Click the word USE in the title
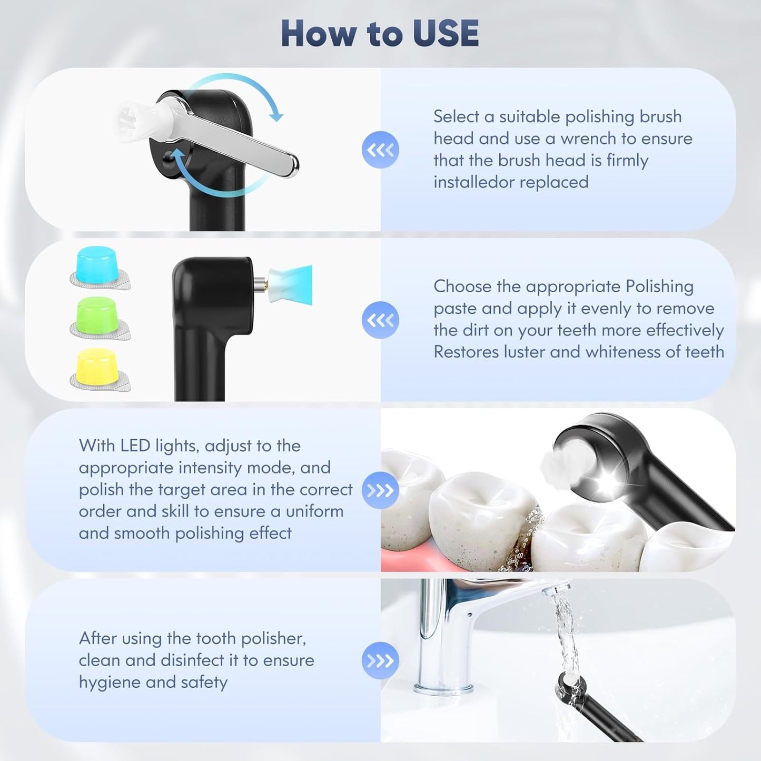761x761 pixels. coord(446,34)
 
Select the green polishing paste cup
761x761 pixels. coord(96,315)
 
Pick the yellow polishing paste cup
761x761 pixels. coord(96,366)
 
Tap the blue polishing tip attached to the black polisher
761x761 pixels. coord(292,284)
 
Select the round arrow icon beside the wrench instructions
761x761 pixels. coord(380,150)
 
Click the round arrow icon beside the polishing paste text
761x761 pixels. coord(380,320)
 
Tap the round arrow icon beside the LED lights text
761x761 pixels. coord(380,491)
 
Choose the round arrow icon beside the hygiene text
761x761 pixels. coord(380,660)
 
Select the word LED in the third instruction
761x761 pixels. coord(135,446)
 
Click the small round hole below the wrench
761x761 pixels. coord(168,157)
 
